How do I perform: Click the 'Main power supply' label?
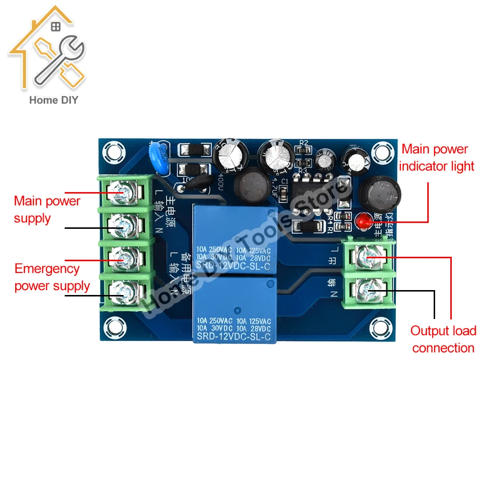point(47,209)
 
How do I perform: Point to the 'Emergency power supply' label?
point(52,277)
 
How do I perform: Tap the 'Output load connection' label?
point(443,339)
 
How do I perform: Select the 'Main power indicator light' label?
point(437,157)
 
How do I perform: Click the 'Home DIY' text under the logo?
point(54,100)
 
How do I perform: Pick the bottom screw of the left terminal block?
point(121,292)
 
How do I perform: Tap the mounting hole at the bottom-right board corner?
point(379,325)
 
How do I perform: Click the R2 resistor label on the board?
point(304,143)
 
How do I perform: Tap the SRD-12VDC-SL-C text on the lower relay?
point(234,337)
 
